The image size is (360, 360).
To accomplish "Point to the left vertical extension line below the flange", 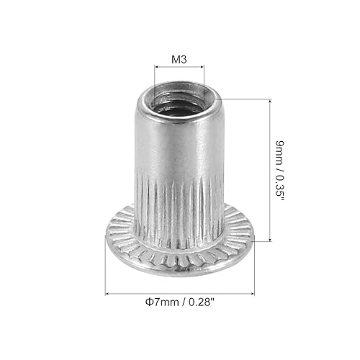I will [x=106, y=270].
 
